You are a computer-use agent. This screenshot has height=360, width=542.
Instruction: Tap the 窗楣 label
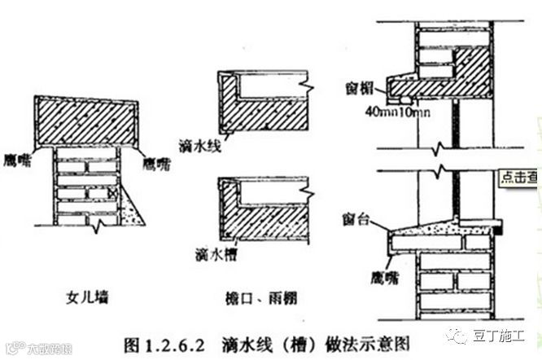point(352,82)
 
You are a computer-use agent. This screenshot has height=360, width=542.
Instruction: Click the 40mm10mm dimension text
point(396,110)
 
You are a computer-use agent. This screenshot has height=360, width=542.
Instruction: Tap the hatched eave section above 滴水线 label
point(260,110)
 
